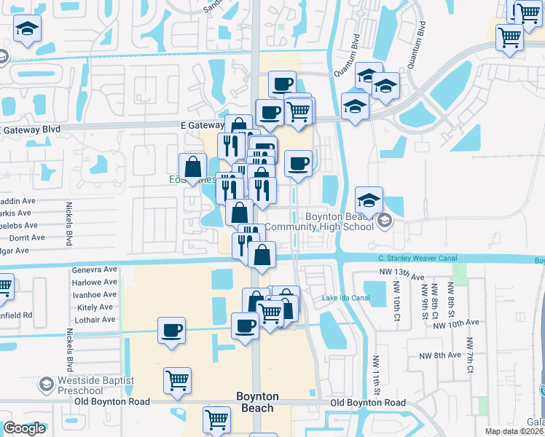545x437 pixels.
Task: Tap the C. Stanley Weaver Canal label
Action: click(x=422, y=258)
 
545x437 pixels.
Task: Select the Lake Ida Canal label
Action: click(x=346, y=298)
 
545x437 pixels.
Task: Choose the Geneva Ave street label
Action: click(x=95, y=269)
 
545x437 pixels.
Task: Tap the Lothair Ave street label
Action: click(x=95, y=320)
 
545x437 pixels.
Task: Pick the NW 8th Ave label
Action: click(x=440, y=355)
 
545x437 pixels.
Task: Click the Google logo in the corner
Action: click(x=24, y=428)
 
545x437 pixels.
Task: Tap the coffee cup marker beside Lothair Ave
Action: click(x=172, y=331)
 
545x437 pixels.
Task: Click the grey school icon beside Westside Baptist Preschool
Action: click(x=47, y=385)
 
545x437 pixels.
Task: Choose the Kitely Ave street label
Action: click(x=95, y=307)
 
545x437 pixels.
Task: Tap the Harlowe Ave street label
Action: click(x=95, y=282)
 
